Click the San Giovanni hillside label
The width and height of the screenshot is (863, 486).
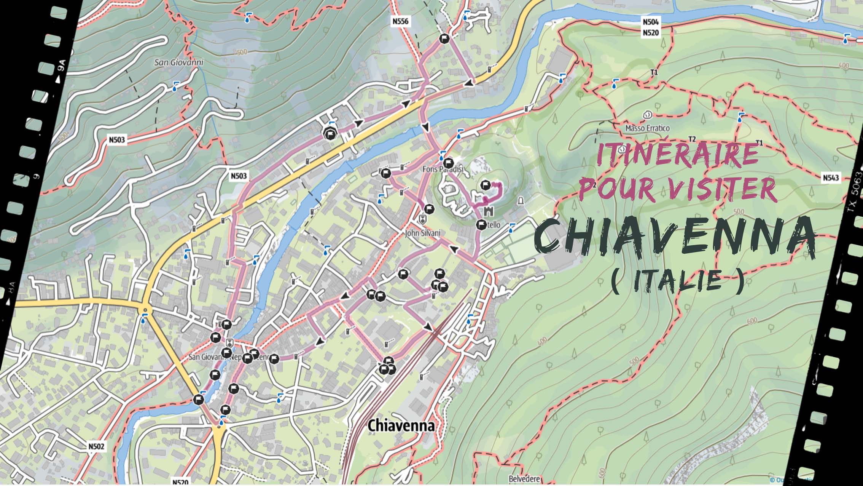(178, 62)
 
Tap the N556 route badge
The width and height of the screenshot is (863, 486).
(401, 21)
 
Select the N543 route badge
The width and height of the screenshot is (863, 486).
(831, 177)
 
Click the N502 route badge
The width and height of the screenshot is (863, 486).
(96, 446)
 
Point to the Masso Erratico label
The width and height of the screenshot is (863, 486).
(647, 128)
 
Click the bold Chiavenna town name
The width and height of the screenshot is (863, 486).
(401, 425)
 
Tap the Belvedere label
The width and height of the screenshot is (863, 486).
(524, 479)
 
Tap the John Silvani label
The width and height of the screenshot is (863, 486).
(422, 233)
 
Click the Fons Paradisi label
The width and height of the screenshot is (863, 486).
(443, 169)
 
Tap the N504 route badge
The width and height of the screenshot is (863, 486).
(650, 22)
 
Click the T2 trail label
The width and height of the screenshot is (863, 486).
(692, 139)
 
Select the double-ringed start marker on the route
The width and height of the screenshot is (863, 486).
(330, 133)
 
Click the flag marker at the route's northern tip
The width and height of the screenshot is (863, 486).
(444, 38)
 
